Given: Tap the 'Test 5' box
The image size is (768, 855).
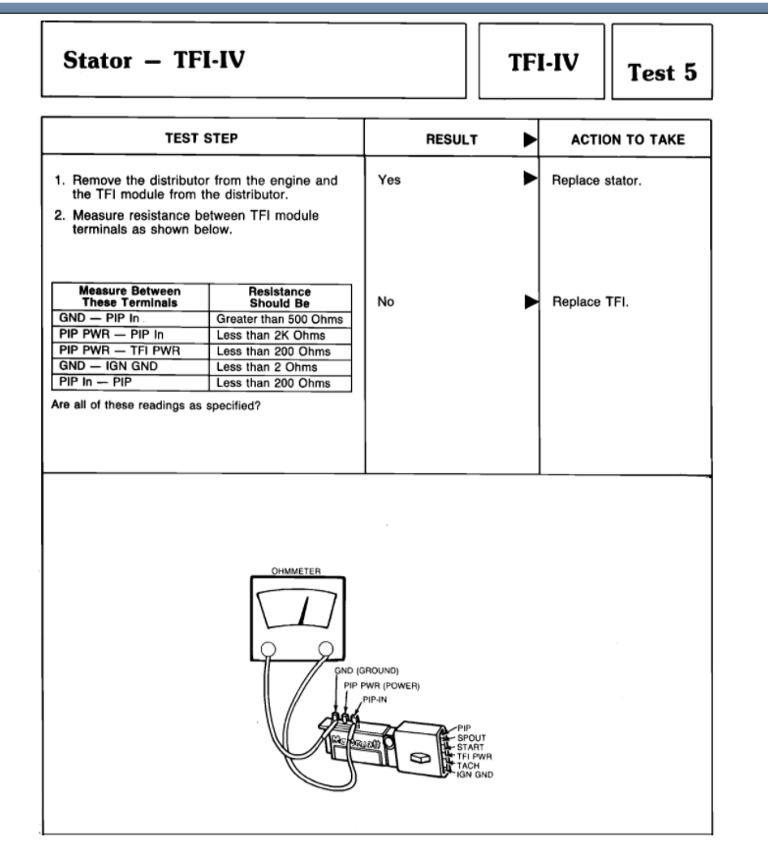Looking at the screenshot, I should click(x=661, y=72).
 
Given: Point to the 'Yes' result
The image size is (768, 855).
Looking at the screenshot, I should click(x=389, y=181).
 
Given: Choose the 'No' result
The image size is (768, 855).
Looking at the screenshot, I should click(x=386, y=302).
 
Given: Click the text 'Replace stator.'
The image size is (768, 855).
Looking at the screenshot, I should click(x=596, y=182).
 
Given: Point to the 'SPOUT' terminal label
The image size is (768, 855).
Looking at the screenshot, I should click(x=472, y=736).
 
